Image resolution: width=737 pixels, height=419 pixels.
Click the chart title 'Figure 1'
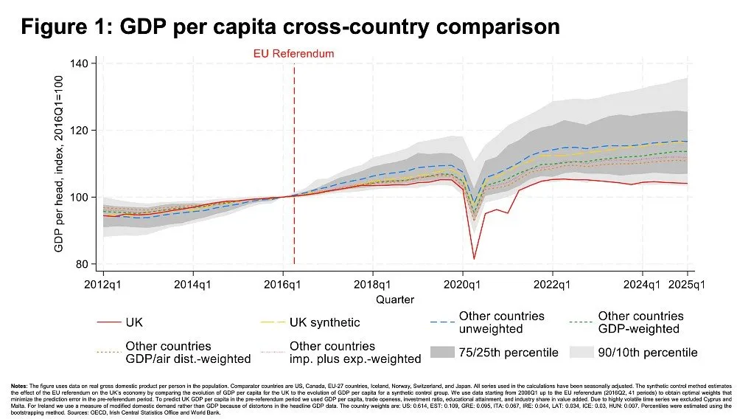290,27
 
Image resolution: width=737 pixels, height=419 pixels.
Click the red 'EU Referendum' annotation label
294,53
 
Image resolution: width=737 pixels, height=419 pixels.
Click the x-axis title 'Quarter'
395,299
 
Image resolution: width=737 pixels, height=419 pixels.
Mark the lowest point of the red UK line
474,258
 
